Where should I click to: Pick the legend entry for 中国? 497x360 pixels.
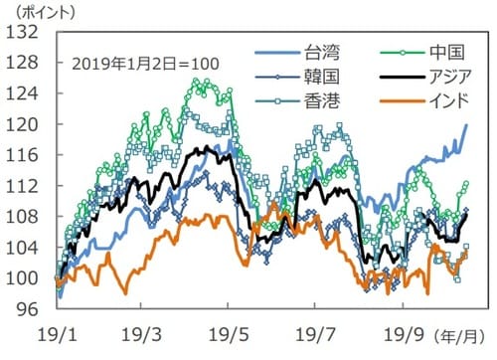tap(427, 52)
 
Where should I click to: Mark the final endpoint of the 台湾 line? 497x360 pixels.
tap(467, 124)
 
